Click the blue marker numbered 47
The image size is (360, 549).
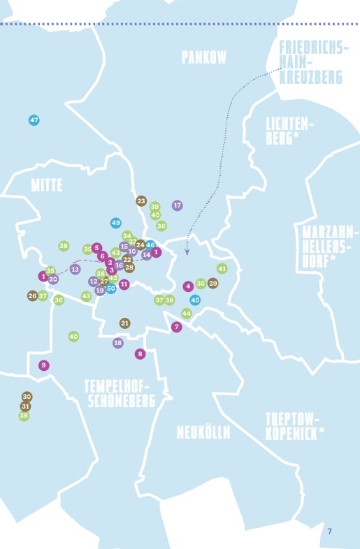(x=34, y=120)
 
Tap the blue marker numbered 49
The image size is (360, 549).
(x=116, y=223)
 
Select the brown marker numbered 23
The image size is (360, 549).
(x=141, y=201)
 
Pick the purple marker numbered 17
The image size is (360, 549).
(x=178, y=205)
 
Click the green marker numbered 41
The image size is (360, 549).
(x=222, y=268)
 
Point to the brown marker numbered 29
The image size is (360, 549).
(x=213, y=283)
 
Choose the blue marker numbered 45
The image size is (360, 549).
(x=195, y=300)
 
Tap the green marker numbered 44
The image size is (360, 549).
(x=186, y=314)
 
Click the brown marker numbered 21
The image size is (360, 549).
(x=125, y=323)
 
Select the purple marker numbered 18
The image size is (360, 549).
(x=117, y=343)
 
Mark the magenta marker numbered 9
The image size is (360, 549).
(x=44, y=365)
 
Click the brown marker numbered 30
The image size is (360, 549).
(x=27, y=396)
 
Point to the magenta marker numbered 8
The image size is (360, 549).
(x=140, y=353)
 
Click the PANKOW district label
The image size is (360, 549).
(x=204, y=57)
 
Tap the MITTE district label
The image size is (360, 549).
(x=47, y=185)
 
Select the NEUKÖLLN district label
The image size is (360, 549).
(x=203, y=432)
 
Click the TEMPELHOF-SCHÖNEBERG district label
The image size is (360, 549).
(x=120, y=394)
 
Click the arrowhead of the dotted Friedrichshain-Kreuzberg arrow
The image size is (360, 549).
(x=187, y=254)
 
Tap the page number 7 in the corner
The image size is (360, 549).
(x=329, y=532)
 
